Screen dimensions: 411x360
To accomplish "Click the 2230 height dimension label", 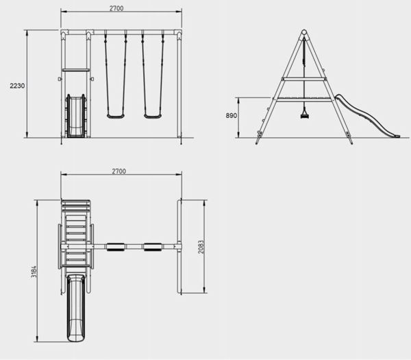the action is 17,86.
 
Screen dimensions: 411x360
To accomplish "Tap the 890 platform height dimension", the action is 232,115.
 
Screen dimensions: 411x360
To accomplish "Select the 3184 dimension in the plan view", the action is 34,272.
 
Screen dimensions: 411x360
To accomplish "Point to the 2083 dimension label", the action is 201,247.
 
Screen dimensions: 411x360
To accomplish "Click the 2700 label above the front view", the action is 116,8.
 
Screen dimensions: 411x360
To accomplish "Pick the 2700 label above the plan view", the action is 119,171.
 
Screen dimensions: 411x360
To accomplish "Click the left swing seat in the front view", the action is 116,116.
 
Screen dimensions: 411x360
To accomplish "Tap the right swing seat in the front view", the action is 153,116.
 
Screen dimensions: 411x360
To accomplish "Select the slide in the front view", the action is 76,116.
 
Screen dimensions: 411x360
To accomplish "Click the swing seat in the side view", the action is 304,115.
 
